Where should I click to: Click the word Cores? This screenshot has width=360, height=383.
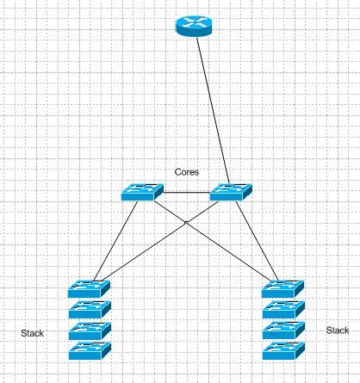tap(187, 172)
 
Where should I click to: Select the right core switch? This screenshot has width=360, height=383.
tap(231, 193)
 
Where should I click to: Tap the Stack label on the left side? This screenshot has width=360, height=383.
tap(32, 332)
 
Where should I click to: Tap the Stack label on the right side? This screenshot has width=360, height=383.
tap(338, 330)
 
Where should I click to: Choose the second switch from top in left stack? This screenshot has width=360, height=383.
tap(90, 309)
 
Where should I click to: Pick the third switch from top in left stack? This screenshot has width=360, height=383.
tap(90, 330)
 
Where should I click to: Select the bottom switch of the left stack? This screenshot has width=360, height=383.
tap(90, 350)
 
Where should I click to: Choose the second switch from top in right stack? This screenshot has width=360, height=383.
tap(283, 309)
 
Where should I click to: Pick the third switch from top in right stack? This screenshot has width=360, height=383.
tap(283, 330)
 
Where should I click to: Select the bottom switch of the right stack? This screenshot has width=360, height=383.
tap(283, 350)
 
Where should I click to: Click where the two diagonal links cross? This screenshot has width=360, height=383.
tap(186, 223)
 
